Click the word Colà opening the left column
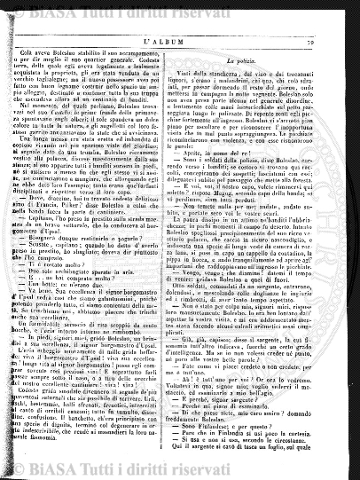pos(51,53)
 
